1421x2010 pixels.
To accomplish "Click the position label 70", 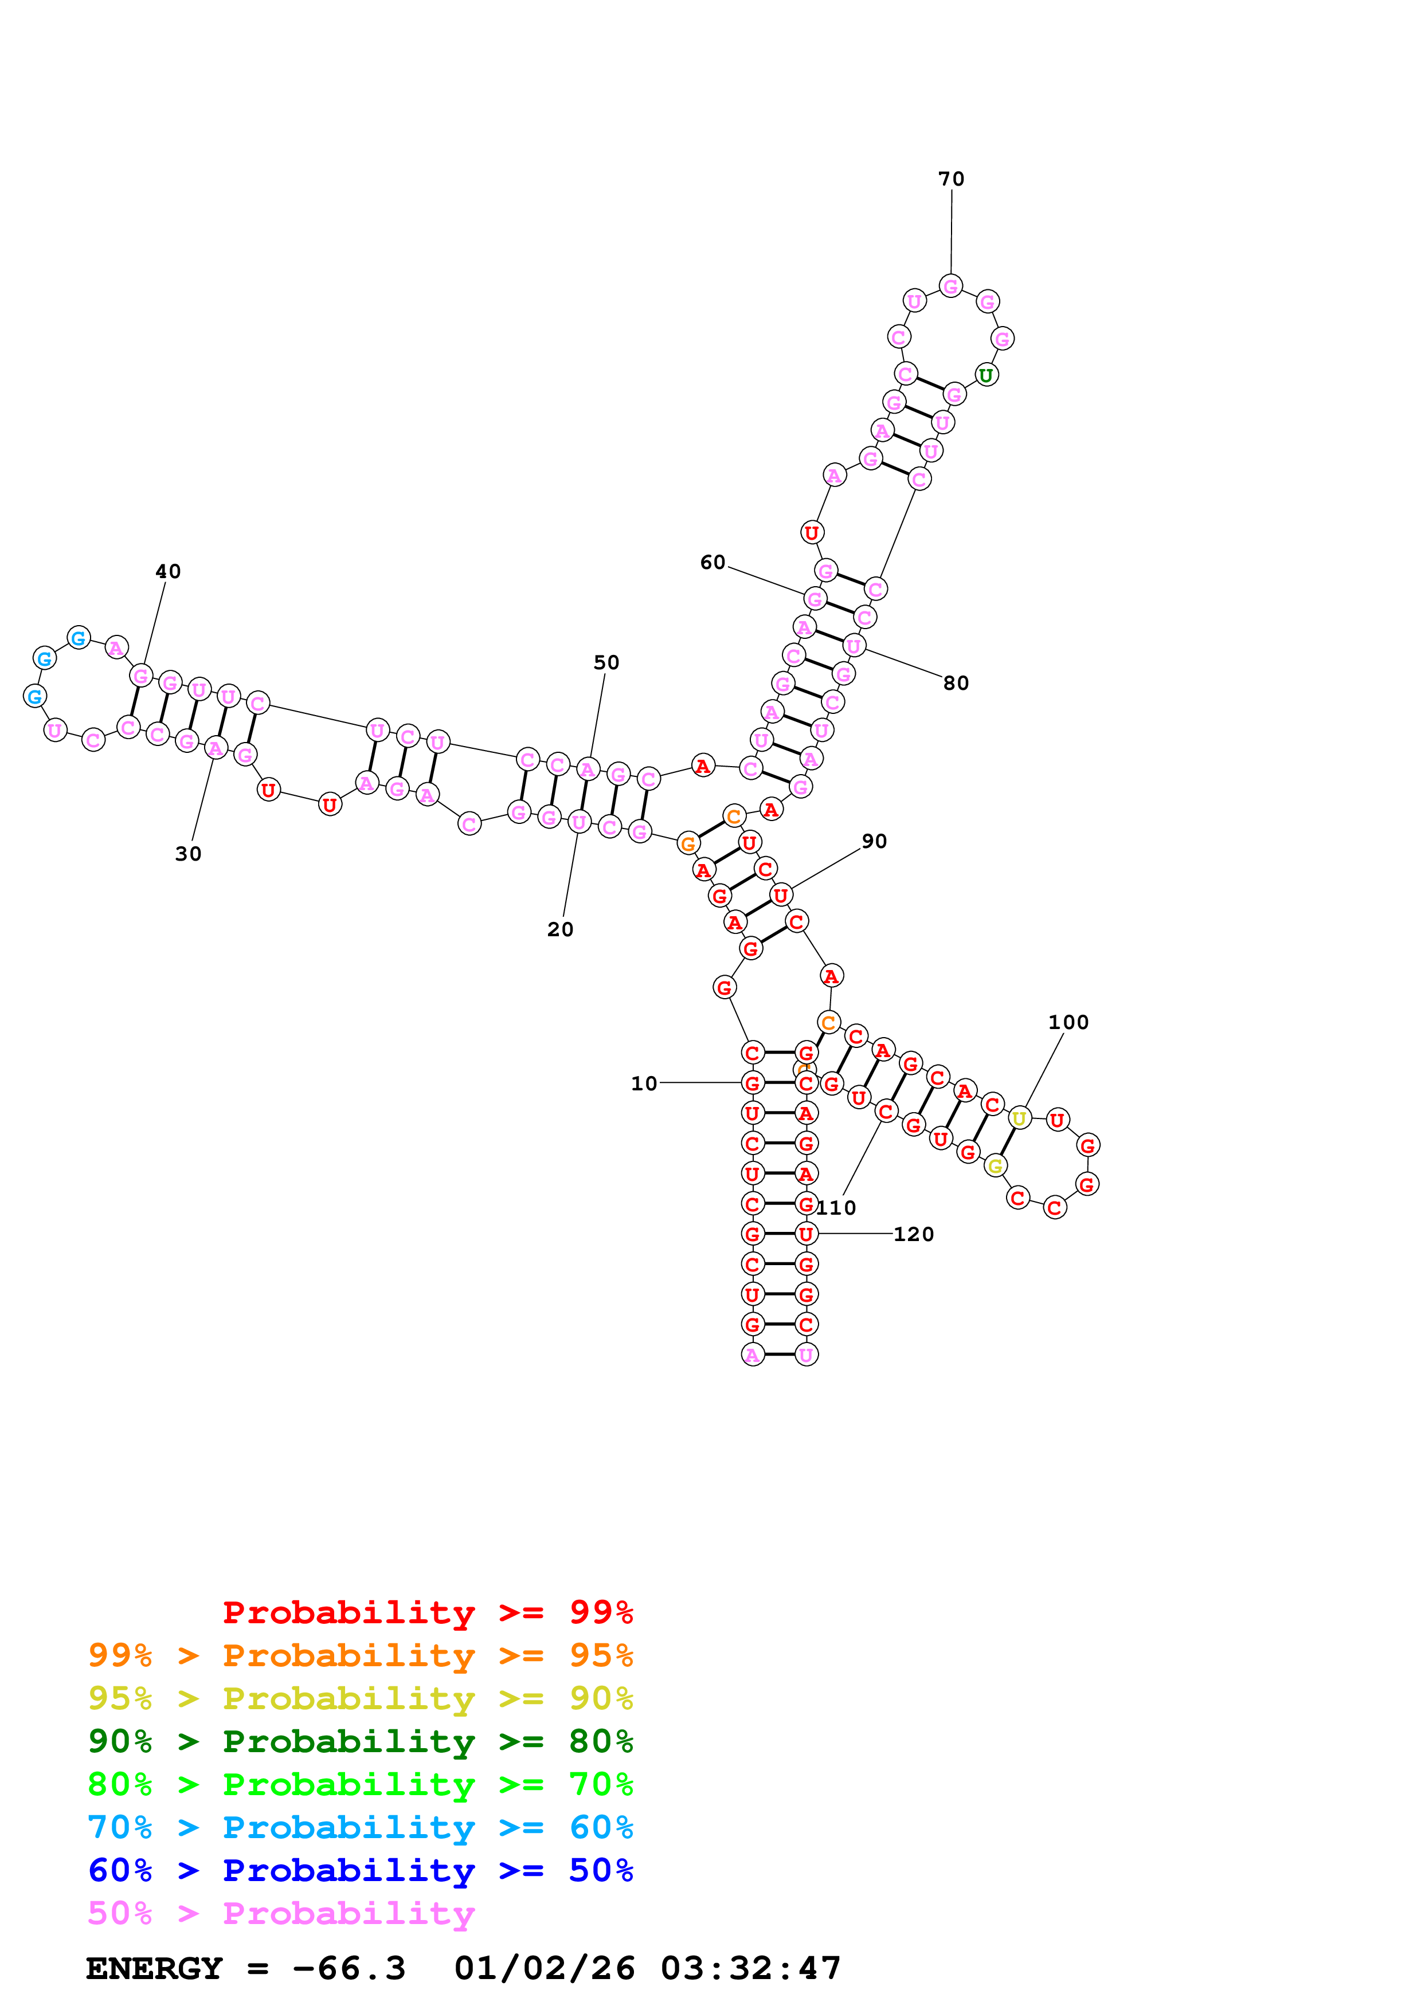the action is [951, 179].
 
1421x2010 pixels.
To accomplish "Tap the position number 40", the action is [168, 572].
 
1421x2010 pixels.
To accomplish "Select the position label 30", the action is [188, 854].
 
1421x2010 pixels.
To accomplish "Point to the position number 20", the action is [561, 930].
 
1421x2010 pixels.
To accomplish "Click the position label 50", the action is [606, 663].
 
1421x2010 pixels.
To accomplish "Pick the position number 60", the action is [713, 563].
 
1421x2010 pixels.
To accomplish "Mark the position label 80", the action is [956, 684].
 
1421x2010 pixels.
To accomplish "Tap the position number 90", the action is [874, 841].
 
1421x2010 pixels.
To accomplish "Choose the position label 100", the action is [1068, 1023].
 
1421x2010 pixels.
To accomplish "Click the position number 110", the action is [837, 1208].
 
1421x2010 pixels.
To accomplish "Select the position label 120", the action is [913, 1234].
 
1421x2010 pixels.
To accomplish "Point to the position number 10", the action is [644, 1084].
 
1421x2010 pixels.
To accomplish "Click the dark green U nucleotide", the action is [986, 375].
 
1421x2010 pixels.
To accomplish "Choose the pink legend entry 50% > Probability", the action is [281, 1914].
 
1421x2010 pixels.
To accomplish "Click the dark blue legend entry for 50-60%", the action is [360, 1871].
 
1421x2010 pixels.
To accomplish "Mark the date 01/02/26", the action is [545, 1969].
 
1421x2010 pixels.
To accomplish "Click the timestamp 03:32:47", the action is [750, 1969].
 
